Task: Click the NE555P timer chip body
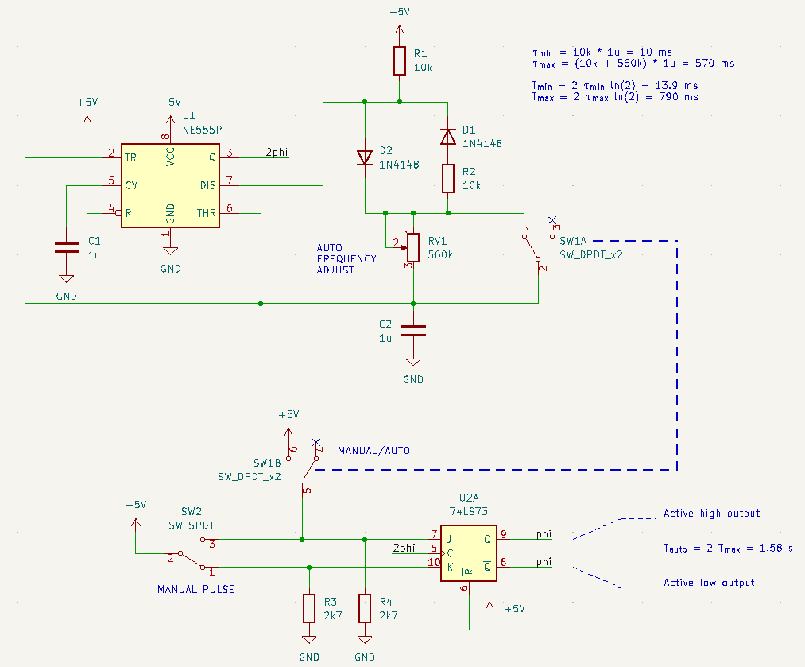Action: click(170, 185)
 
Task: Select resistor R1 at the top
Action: click(400, 60)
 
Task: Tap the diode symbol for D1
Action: click(448, 137)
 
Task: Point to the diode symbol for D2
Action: click(365, 157)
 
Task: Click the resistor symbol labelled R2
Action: click(448, 179)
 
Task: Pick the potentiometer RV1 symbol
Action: click(412, 246)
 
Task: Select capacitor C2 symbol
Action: click(412, 331)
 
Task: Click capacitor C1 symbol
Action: click(66, 247)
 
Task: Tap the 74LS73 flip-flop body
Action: click(469, 553)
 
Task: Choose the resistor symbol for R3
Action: click(309, 608)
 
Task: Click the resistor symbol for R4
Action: click(365, 608)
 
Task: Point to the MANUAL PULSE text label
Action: click(195, 589)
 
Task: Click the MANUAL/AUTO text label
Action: click(373, 450)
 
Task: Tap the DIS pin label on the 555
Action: click(207, 184)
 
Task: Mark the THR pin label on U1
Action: click(206, 212)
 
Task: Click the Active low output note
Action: click(709, 583)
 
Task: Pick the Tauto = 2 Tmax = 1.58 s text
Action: click(728, 548)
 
